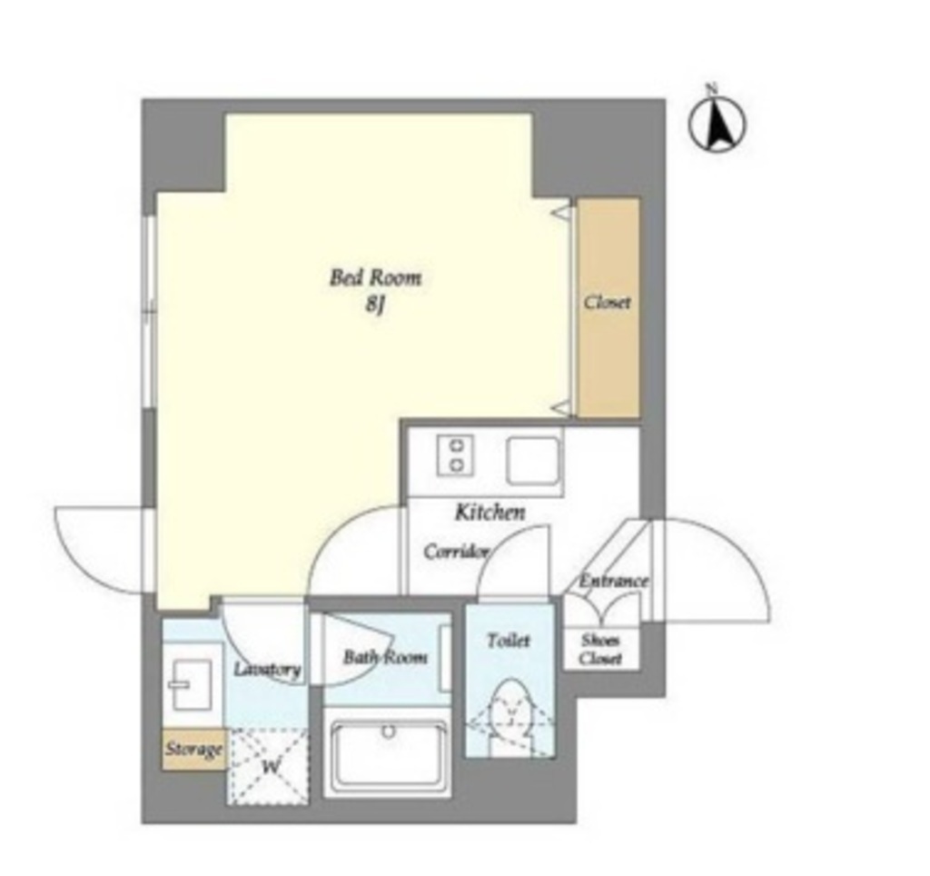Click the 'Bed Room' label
point(375,278)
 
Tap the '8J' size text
point(375,305)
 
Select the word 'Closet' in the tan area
point(607,302)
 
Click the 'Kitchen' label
point(490,512)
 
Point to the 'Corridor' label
point(456,552)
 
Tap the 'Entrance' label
point(613,581)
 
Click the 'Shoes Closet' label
point(601,650)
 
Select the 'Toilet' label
point(509,641)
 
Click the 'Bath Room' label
point(385,657)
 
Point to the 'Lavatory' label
point(267,670)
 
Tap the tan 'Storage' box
point(194,749)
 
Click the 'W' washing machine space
point(269,766)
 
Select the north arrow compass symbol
point(717,123)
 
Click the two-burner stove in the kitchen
point(456,456)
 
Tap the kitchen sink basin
point(533,461)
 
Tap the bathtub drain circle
point(389,732)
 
